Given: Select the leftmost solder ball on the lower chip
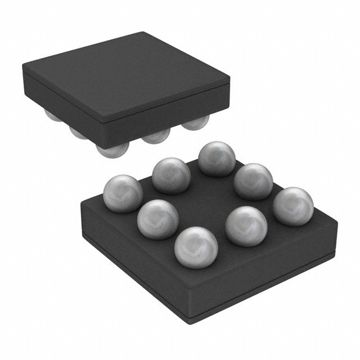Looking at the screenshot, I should [x=123, y=193].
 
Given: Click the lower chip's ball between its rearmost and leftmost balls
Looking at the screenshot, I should [x=172, y=174].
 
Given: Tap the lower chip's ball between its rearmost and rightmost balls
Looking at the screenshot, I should [x=253, y=181].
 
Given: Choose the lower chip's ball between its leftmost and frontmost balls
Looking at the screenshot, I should [x=157, y=218].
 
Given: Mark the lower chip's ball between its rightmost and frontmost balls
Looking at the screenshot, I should [x=246, y=225].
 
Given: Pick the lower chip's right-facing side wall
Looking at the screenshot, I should [x=270, y=270].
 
